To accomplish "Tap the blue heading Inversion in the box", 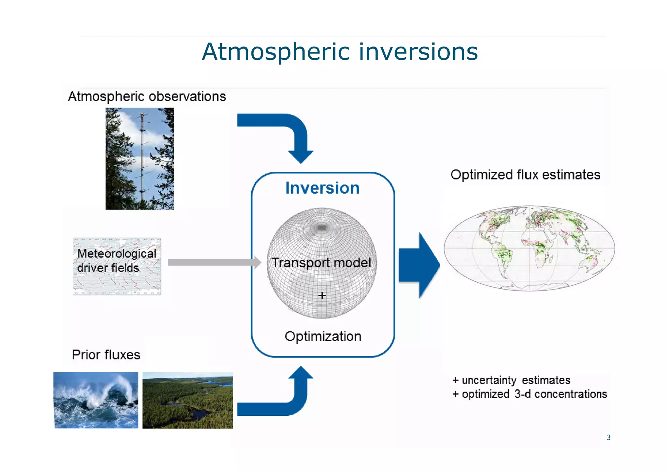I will click(322, 188).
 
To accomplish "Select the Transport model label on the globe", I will click(321, 262).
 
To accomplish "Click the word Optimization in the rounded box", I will click(323, 336).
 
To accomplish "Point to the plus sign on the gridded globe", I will click(322, 295).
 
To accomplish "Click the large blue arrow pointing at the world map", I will click(419, 265).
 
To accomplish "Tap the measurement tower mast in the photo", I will click(142, 156).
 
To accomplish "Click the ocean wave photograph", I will click(96, 400).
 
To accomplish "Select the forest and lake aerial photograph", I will click(188, 400).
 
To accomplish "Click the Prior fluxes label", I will click(106, 355).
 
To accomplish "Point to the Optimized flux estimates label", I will click(525, 175).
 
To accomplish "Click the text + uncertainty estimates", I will click(511, 380).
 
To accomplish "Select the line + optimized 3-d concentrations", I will click(530, 394).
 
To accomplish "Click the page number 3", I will click(608, 437).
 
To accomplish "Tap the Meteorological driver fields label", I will click(116, 261).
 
